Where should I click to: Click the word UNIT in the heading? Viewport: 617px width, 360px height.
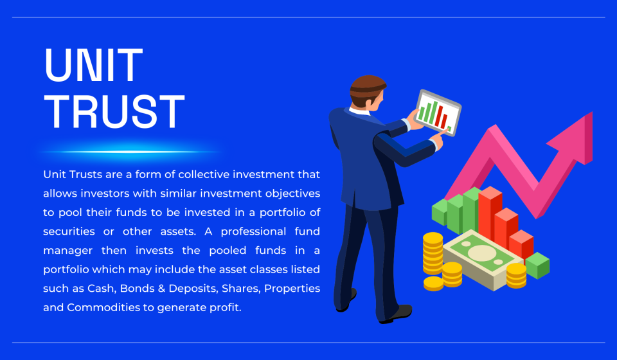(x=93, y=65)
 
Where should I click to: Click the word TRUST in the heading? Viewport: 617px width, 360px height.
(x=114, y=112)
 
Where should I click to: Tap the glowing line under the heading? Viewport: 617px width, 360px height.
(x=130, y=152)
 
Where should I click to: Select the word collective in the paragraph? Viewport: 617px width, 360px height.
(x=204, y=174)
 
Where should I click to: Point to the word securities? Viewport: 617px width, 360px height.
(x=69, y=231)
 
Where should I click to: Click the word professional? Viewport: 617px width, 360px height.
(x=253, y=231)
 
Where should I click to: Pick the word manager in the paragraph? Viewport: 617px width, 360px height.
(x=68, y=251)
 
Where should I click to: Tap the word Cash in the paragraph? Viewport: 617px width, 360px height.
(x=101, y=289)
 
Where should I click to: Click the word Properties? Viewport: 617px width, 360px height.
(x=292, y=289)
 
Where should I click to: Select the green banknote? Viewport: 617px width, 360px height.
(x=483, y=260)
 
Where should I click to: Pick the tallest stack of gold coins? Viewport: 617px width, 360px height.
(x=433, y=253)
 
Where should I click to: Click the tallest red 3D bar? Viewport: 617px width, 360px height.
(x=490, y=215)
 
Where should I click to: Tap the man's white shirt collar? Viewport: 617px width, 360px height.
(x=359, y=111)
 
